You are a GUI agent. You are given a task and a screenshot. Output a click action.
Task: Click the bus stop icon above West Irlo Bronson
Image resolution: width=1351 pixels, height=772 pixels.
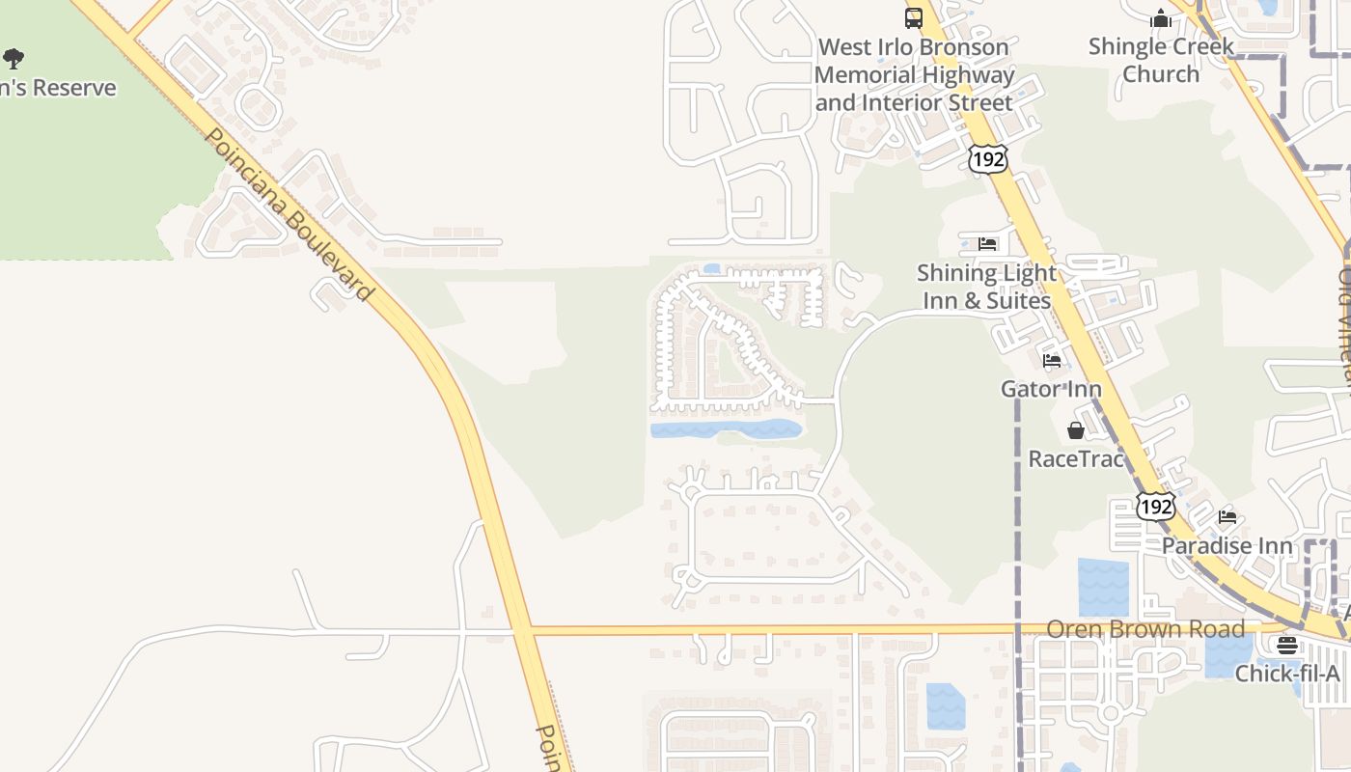tap(913, 17)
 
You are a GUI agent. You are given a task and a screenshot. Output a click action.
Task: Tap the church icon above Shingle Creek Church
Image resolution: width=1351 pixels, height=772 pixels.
tap(1160, 18)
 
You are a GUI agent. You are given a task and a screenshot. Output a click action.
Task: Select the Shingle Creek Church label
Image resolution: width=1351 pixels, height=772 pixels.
tap(1161, 60)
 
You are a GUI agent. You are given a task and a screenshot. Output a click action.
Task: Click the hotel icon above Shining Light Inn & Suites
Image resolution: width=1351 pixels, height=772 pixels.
tap(986, 243)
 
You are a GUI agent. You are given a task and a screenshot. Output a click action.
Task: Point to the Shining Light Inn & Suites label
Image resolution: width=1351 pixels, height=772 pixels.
tap(986, 287)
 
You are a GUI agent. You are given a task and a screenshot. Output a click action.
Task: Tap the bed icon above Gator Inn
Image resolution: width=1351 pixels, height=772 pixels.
tap(1052, 361)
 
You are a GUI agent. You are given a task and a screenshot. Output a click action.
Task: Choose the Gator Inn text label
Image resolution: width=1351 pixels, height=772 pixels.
tap(1051, 389)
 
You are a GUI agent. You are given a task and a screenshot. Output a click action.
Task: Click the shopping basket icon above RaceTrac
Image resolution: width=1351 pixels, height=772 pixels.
tap(1076, 430)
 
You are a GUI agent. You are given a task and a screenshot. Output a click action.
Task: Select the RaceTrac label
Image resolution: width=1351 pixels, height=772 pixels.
tap(1076, 458)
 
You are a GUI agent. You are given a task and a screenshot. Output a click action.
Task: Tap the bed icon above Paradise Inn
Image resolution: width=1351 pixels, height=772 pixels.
tap(1227, 517)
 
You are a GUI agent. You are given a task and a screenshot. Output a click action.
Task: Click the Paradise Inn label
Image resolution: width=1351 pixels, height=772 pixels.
tap(1227, 545)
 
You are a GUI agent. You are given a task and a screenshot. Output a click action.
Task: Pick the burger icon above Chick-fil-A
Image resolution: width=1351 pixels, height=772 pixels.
tap(1287, 646)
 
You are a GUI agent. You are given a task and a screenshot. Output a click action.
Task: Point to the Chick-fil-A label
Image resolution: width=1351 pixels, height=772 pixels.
tap(1287, 673)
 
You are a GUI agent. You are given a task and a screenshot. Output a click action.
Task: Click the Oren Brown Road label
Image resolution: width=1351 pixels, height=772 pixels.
tap(1145, 629)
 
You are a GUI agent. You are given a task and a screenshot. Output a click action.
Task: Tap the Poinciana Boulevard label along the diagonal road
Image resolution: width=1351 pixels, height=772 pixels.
tap(288, 214)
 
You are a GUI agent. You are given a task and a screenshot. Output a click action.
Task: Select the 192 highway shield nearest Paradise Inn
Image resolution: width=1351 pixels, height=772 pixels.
tap(1155, 506)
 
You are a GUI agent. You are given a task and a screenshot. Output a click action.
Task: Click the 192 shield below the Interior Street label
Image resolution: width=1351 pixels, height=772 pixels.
tap(988, 159)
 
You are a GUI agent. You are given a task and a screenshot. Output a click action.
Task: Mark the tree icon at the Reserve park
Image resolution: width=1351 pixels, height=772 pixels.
tap(14, 60)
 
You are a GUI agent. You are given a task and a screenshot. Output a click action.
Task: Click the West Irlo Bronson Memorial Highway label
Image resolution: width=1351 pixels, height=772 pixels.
tap(914, 74)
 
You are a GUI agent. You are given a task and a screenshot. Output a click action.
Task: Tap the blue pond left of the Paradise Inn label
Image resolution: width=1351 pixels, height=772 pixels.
tap(1103, 588)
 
